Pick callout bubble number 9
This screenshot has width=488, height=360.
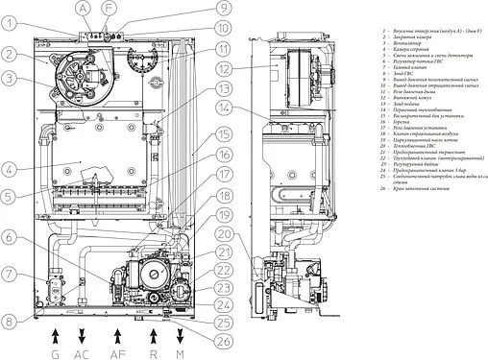click(x=223, y=10)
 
